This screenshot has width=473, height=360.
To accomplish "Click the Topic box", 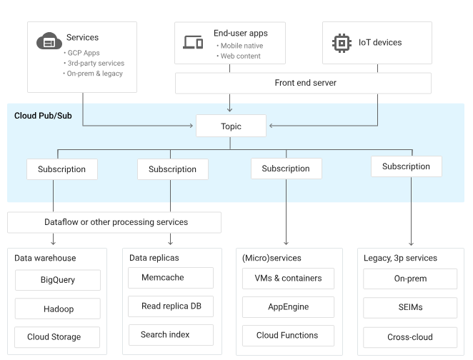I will tap(230, 126).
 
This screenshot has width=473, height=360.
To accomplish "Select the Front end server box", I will tap(304, 84).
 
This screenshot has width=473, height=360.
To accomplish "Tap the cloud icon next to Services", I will tap(49, 41).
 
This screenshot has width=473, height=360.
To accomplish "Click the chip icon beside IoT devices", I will tap(342, 41).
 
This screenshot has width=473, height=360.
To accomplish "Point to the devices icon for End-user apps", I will tap(194, 41).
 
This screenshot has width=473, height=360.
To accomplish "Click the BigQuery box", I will tap(58, 279).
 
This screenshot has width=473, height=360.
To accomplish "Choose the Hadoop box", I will tap(58, 309).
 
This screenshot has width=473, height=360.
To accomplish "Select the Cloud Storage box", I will tap(58, 336).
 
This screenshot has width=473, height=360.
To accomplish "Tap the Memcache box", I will tap(172, 277).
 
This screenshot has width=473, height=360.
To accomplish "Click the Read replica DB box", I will tap(172, 306).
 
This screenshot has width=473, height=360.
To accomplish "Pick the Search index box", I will tap(172, 334).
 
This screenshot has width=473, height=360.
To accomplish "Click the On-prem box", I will tap(410, 279).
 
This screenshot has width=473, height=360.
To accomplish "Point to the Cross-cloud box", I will tap(410, 336).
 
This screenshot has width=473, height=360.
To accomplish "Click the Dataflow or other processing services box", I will tap(116, 222).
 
